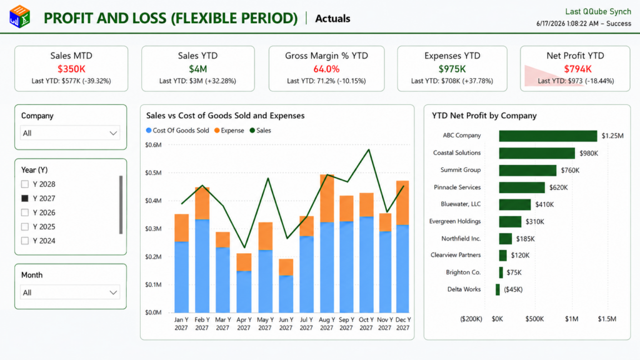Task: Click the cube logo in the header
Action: pyautogui.click(x=19, y=17)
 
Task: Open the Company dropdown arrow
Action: pyautogui.click(x=113, y=133)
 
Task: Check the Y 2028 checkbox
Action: pyautogui.click(x=25, y=184)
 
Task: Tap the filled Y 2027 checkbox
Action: pyautogui.click(x=25, y=198)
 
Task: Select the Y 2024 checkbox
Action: pyautogui.click(x=25, y=241)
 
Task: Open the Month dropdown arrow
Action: pyautogui.click(x=113, y=292)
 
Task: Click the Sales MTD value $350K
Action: pyautogui.click(x=71, y=69)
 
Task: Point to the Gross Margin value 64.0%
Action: pyautogui.click(x=326, y=69)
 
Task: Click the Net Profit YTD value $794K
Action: pyautogui.click(x=577, y=69)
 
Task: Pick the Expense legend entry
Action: pyautogui.click(x=229, y=131)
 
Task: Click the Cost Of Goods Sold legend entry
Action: pyautogui.click(x=177, y=131)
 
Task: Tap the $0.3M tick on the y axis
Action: pyautogui.click(x=154, y=229)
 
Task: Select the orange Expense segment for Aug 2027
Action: pyautogui.click(x=326, y=198)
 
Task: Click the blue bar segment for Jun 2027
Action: pyautogui.click(x=286, y=294)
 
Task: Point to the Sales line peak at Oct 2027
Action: pyautogui.click(x=369, y=150)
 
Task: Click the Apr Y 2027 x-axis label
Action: pyautogui.click(x=244, y=324)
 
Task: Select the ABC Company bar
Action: pyautogui.click(x=547, y=136)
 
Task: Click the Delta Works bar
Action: pyautogui.click(x=497, y=289)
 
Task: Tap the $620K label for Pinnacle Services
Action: pyautogui.click(x=558, y=187)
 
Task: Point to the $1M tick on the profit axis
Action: pyautogui.click(x=571, y=319)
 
